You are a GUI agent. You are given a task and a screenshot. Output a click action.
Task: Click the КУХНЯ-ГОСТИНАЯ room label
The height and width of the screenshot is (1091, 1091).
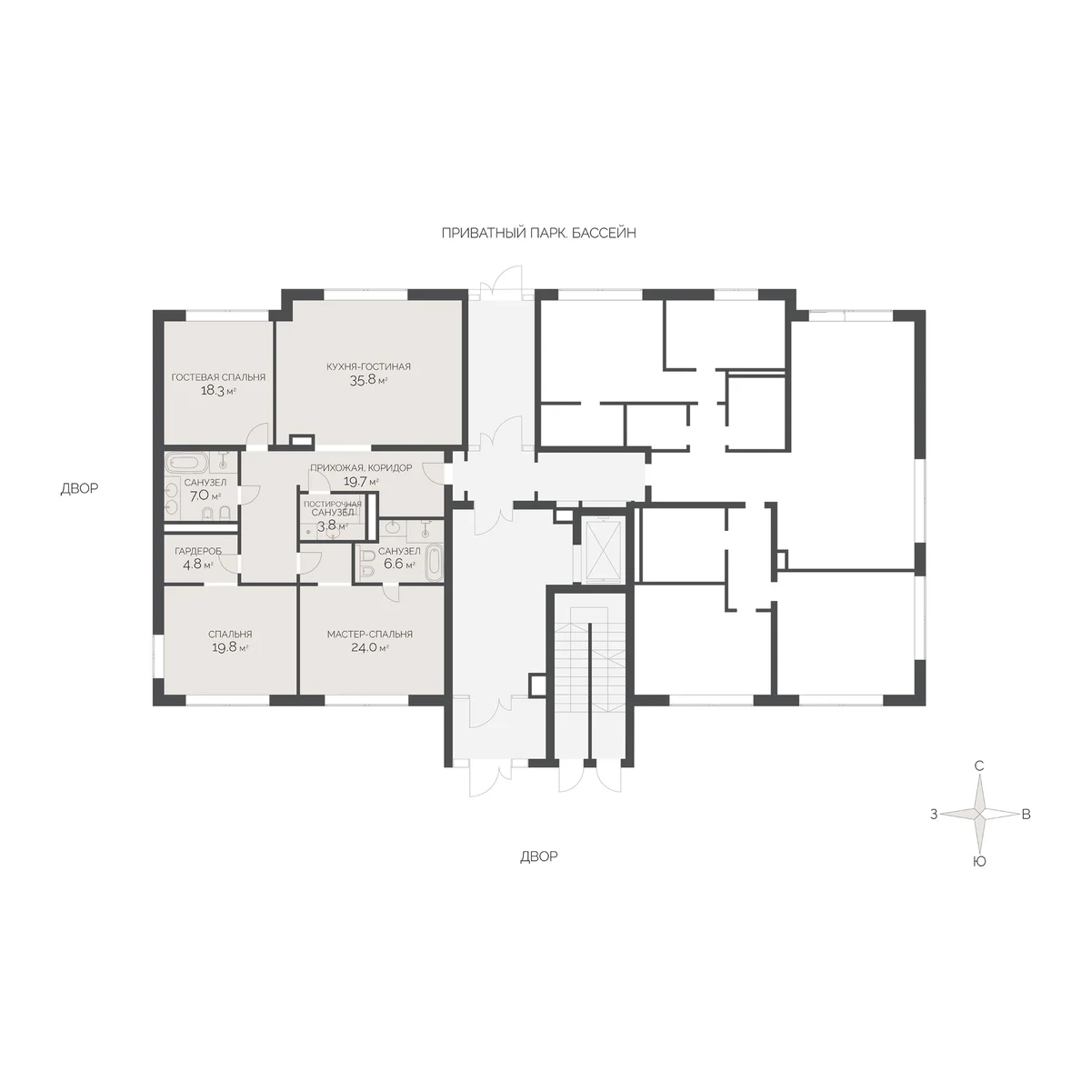[368, 366]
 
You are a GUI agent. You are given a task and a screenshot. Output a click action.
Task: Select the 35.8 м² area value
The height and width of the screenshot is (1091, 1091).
[368, 380]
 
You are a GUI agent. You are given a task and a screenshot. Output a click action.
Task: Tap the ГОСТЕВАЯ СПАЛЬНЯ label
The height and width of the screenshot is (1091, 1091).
[218, 377]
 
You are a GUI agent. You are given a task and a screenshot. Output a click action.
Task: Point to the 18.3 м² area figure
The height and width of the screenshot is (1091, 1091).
[218, 391]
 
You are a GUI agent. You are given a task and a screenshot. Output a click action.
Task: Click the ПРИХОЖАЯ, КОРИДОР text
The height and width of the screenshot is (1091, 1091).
[361, 467]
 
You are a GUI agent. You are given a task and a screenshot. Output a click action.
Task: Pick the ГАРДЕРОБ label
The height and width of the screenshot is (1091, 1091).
[197, 551]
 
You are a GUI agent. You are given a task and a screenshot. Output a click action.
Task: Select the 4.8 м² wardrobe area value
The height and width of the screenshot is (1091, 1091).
[197, 564]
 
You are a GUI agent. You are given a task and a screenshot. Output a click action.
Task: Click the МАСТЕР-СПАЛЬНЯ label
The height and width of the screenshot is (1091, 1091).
[370, 634]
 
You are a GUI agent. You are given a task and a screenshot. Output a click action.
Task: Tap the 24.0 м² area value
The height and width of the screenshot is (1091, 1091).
[370, 647]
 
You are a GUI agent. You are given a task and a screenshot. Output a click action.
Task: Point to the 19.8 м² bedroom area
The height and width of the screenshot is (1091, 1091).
[230, 647]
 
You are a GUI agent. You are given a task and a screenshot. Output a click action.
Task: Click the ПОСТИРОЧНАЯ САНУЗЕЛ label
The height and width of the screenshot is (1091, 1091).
[333, 508]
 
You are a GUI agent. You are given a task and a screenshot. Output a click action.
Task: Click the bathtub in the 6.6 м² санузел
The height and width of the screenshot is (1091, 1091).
[435, 562]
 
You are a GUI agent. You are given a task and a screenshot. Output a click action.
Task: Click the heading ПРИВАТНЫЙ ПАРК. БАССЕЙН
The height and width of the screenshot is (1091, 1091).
[538, 234]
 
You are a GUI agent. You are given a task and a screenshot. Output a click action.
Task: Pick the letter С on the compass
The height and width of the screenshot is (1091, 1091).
[979, 766]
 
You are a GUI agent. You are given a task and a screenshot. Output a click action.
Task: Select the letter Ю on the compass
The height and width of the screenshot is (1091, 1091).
[979, 862]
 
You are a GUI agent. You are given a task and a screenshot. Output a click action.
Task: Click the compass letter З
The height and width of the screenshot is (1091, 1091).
[934, 814]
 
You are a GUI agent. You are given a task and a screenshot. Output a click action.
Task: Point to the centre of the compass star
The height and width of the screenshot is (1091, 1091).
[979, 814]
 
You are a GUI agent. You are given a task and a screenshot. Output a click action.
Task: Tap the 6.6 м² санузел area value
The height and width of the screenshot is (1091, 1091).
[399, 564]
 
